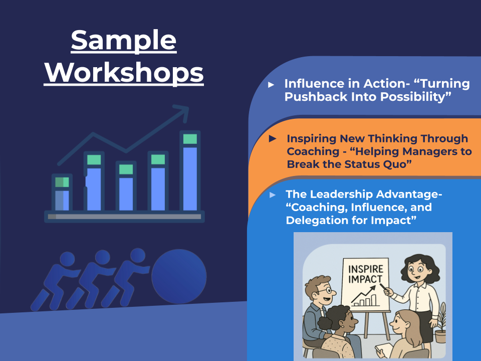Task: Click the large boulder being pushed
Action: coord(179,277)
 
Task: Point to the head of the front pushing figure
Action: coord(137,255)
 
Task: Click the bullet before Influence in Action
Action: coord(271,84)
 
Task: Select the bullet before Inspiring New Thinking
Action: coord(273,138)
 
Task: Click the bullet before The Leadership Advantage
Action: coord(272,195)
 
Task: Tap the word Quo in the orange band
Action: coord(394,164)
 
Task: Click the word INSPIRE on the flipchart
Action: coord(365,269)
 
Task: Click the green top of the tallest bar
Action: coord(190,139)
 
